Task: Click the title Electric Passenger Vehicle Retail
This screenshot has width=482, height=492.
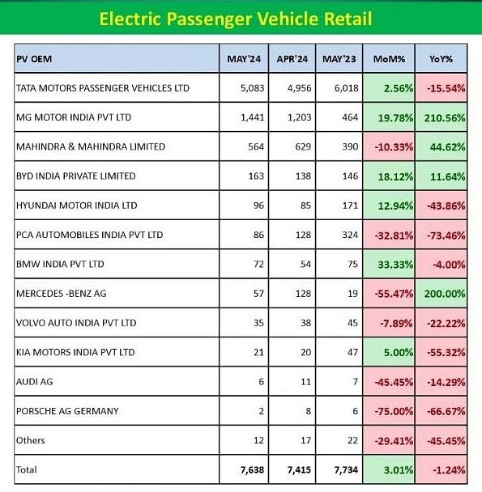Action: coord(236,19)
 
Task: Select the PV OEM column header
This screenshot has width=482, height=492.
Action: coord(34,59)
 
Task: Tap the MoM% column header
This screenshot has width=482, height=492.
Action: coord(389,59)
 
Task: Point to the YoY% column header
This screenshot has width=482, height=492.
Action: coord(441,59)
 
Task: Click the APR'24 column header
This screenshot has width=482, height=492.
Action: coord(292,59)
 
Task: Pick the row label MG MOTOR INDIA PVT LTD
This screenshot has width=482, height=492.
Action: coord(74,117)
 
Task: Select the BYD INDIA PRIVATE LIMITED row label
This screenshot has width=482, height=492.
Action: coord(75,176)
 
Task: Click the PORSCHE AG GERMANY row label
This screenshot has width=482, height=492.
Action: coord(67,411)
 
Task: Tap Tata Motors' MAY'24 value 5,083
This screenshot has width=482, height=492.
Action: coord(252,88)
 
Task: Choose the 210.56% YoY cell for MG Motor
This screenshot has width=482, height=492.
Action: coord(445,118)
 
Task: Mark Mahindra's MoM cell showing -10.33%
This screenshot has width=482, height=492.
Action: coord(394,147)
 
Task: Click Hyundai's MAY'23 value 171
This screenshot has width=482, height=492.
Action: coord(350,206)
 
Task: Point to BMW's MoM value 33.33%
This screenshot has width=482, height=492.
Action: coord(395,265)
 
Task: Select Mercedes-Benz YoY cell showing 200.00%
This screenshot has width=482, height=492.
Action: coord(445,294)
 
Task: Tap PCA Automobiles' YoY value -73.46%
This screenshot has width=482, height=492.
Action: coord(446,235)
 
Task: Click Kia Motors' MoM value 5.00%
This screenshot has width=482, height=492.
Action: coord(399,353)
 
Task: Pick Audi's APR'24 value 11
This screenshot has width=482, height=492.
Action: coord(305,382)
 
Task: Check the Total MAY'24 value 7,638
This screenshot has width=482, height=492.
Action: coord(252,470)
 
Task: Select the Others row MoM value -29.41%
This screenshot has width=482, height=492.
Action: coord(394,441)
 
